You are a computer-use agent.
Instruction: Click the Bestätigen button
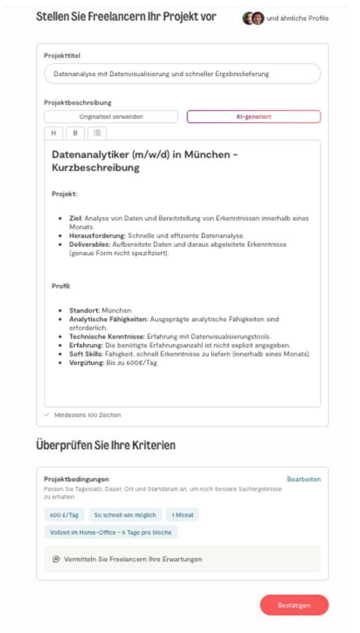click(294, 605)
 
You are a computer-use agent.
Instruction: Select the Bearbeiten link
click(304, 479)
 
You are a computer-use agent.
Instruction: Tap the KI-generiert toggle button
click(253, 116)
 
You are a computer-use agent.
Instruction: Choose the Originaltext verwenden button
click(111, 116)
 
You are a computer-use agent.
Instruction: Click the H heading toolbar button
click(54, 133)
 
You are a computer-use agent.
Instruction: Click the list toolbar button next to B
click(97, 133)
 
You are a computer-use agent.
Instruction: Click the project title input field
click(182, 74)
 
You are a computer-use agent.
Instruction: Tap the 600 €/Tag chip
click(64, 514)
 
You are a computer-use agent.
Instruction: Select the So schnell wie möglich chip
click(125, 514)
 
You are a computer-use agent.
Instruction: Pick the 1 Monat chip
click(182, 514)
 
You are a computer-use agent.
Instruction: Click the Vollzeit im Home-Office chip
click(111, 532)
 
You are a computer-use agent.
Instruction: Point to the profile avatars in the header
click(253, 18)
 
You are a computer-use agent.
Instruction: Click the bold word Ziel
click(76, 218)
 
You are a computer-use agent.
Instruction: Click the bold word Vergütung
click(86, 362)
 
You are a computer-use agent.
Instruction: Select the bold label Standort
click(84, 310)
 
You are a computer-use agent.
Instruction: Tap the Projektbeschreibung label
click(77, 103)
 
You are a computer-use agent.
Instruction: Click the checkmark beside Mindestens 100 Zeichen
click(47, 414)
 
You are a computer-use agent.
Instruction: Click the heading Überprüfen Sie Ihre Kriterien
click(106, 445)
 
